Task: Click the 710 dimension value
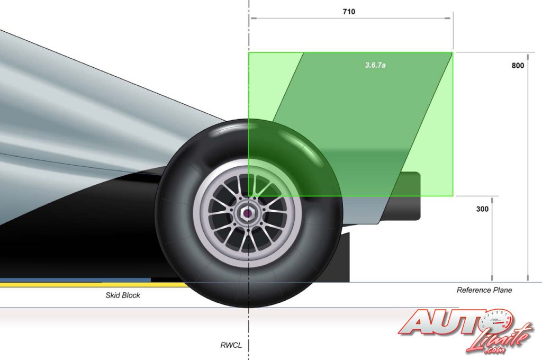tap(349, 12)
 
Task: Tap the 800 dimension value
tap(518, 65)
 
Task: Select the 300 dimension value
tap(482, 209)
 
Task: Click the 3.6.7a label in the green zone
tap(375, 65)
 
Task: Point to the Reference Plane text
tap(484, 290)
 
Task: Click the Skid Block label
tap(123, 295)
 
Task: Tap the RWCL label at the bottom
tap(231, 345)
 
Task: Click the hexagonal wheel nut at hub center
tap(248, 214)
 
